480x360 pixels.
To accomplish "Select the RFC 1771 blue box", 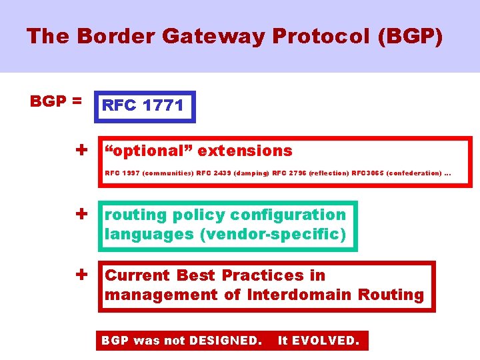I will click(145, 107).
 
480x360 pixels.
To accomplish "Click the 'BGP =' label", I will click(56, 101).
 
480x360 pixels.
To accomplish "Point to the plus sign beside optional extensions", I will click(82, 150).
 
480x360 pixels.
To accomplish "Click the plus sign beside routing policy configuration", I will click(82, 214).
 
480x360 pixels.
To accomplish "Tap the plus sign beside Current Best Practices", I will click(82, 274).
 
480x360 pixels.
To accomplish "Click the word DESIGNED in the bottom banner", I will click(225, 341).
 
